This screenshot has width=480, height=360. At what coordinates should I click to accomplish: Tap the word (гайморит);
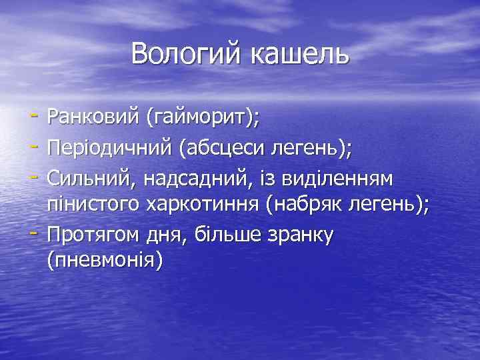click(201, 118)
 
